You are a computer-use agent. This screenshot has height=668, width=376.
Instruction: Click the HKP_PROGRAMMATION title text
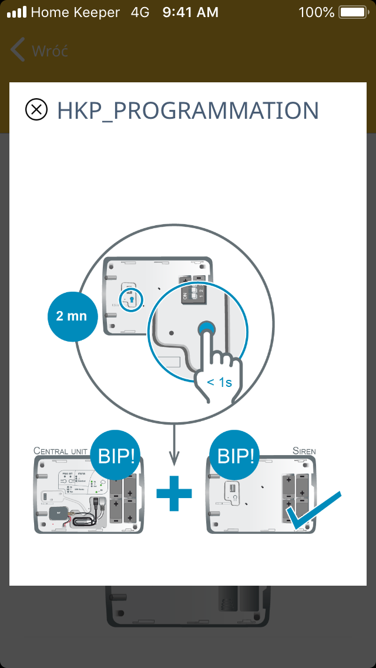(187, 111)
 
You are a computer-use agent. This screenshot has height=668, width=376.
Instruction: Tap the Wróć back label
(50, 51)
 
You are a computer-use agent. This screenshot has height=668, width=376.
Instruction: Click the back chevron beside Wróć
(18, 51)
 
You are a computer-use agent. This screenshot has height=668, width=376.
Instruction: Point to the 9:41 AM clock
(190, 12)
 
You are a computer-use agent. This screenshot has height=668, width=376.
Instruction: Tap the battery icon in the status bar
(352, 12)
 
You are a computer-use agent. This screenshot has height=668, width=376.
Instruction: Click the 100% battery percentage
(316, 12)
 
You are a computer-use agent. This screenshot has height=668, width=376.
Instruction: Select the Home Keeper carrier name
(75, 12)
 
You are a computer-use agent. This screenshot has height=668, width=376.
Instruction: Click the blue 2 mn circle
(72, 316)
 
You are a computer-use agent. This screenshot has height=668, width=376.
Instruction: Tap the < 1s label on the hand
(220, 382)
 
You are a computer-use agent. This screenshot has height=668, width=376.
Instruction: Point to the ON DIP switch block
(193, 293)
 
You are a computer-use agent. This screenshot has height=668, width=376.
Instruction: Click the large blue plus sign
(174, 493)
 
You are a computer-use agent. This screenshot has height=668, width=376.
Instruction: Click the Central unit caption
(61, 451)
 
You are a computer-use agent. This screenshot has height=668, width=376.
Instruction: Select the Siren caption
(304, 451)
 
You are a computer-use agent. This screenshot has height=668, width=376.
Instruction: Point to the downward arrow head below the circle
(174, 459)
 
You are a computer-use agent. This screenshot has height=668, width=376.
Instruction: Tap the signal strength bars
(16, 12)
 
